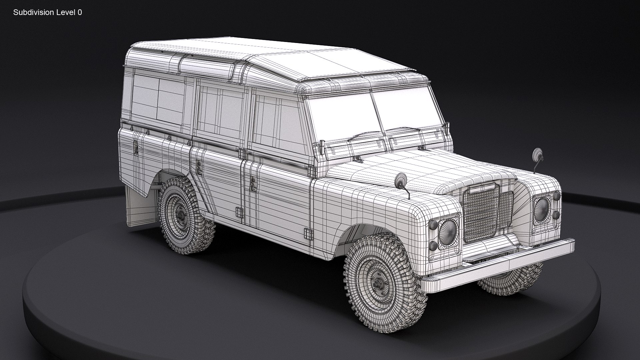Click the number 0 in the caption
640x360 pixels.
80,13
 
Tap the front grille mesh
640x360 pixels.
482,213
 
